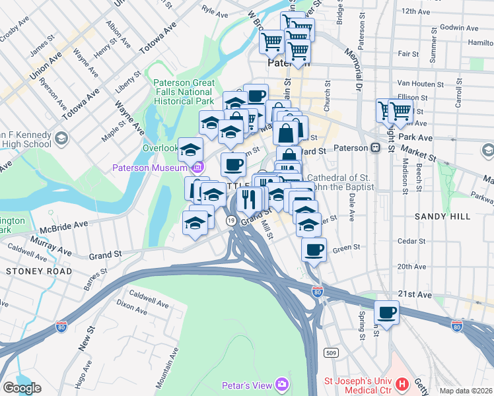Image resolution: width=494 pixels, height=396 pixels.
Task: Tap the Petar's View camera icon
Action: coord(283,383)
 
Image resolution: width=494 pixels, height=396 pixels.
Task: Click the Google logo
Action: coord(22,387)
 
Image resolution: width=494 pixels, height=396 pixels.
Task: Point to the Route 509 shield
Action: coord(332,354)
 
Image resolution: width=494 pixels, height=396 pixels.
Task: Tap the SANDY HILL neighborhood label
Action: coord(442,216)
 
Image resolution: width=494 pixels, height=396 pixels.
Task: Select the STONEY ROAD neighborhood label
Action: coord(30,271)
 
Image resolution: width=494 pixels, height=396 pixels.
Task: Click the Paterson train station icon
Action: coord(374,148)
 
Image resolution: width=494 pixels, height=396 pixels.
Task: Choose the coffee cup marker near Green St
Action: coord(314,249)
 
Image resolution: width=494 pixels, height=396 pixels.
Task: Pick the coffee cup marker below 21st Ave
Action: coord(387,312)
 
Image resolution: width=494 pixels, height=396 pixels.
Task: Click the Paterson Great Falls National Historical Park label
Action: coord(184,92)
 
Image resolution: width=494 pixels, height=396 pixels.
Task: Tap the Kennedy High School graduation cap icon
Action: coord(61,138)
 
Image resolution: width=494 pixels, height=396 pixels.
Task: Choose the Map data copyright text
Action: coord(465,390)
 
